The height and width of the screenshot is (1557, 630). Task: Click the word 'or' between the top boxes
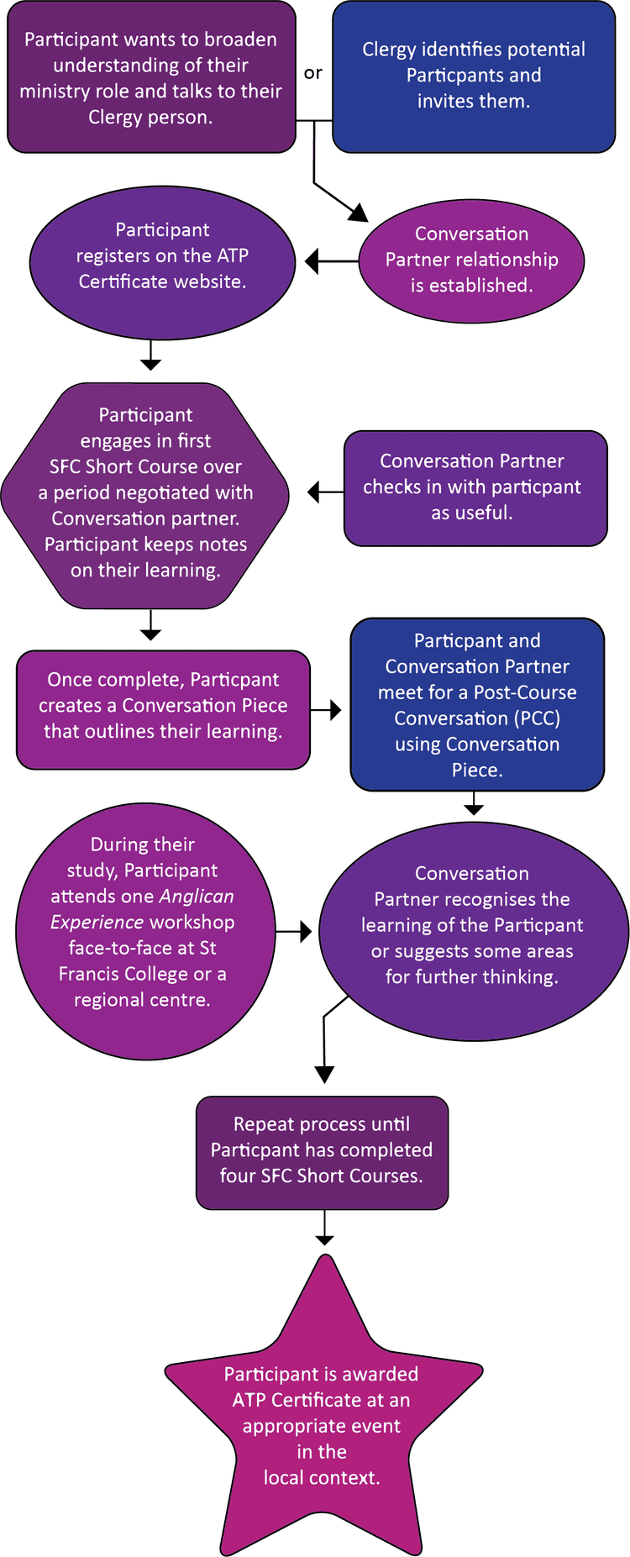click(312, 74)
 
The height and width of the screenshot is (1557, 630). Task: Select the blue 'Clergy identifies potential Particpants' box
click(474, 76)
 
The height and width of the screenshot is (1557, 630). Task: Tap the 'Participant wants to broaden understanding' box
click(151, 77)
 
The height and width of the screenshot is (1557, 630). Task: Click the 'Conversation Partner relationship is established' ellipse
click(471, 260)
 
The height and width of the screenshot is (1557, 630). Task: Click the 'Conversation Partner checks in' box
click(475, 488)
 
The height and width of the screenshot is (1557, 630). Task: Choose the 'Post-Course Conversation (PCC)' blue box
click(476, 704)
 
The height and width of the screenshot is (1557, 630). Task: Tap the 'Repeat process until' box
click(322, 1152)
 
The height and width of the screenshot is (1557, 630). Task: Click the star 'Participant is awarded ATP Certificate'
click(322, 1428)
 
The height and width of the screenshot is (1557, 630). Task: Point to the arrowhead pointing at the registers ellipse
click(312, 261)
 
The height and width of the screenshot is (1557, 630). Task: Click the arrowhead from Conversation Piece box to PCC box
click(336, 710)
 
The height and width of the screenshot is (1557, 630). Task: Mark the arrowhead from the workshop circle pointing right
click(307, 931)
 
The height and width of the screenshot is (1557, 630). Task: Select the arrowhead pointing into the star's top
click(324, 1240)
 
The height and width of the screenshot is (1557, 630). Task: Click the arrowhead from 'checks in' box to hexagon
click(313, 492)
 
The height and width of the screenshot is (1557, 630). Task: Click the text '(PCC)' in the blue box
click(537, 718)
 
